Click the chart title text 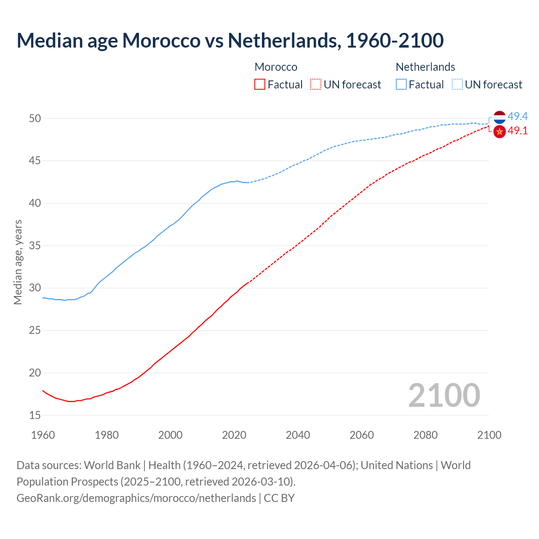(230, 40)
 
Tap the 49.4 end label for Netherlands (518, 116)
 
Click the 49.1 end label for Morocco (518, 131)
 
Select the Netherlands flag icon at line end (499, 117)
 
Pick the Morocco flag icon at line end (499, 132)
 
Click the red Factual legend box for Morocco (260, 85)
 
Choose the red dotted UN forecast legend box (316, 85)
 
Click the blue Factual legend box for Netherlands (401, 85)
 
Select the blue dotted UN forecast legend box (457, 85)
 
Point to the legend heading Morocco (276, 67)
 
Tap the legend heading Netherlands (425, 67)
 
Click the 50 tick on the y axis (35, 118)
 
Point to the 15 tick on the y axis (35, 415)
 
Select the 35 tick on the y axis (35, 245)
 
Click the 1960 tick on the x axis (43, 435)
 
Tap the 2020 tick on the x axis (234, 435)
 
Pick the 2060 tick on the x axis (362, 435)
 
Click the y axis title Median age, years (18, 262)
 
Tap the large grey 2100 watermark (444, 395)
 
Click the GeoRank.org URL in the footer (136, 498)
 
